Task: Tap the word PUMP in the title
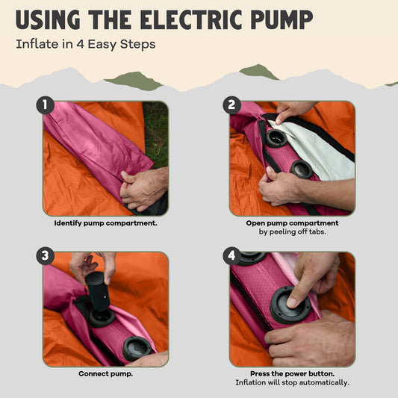(x=282, y=20)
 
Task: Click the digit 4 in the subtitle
(x=80, y=44)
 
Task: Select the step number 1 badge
(x=46, y=105)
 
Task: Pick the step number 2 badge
(x=231, y=105)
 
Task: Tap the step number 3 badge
(x=46, y=256)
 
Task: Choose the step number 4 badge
(x=231, y=256)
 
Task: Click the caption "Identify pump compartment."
(x=105, y=223)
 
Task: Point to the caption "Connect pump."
(x=105, y=374)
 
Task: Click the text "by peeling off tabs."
(x=293, y=231)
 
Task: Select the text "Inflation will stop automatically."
(x=293, y=382)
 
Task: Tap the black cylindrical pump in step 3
(x=97, y=291)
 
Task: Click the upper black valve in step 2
(x=276, y=138)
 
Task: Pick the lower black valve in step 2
(x=301, y=169)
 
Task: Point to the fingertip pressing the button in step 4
(x=292, y=302)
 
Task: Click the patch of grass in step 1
(x=156, y=133)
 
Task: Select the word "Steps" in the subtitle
(x=137, y=44)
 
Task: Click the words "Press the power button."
(x=293, y=374)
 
